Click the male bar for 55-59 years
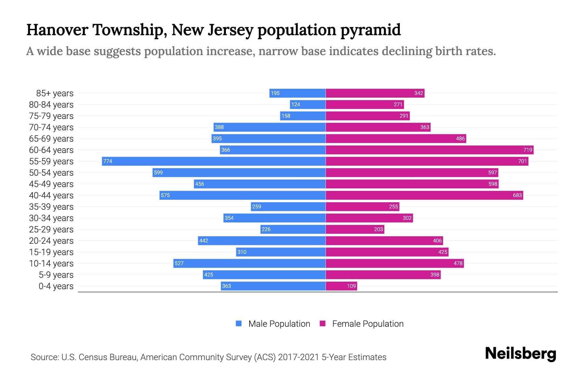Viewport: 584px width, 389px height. coord(214,161)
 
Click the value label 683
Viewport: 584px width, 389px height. coord(517,195)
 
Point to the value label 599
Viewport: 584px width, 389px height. coord(158,172)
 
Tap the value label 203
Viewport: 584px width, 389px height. coord(378,229)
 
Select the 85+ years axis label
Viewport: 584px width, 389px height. coord(55,93)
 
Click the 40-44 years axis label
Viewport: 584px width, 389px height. coord(51,195)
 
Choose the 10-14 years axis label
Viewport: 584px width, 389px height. coord(51,264)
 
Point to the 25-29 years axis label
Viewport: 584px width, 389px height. coord(51,230)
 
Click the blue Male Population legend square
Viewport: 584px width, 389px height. coord(239,324)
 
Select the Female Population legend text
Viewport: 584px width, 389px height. coord(368,324)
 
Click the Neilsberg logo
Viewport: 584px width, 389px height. coord(520,354)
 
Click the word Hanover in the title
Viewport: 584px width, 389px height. coord(57,30)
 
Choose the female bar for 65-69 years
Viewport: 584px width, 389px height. coord(396,138)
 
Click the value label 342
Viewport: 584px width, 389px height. coord(419,93)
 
